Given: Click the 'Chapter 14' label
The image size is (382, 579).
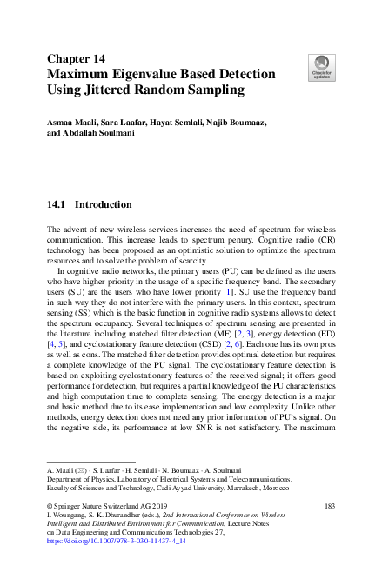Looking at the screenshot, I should (76, 58).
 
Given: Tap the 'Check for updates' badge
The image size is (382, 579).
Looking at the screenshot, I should (321, 67).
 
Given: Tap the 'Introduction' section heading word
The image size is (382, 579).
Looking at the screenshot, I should (104, 205).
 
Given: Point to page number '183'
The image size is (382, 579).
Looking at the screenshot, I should (328, 505).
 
